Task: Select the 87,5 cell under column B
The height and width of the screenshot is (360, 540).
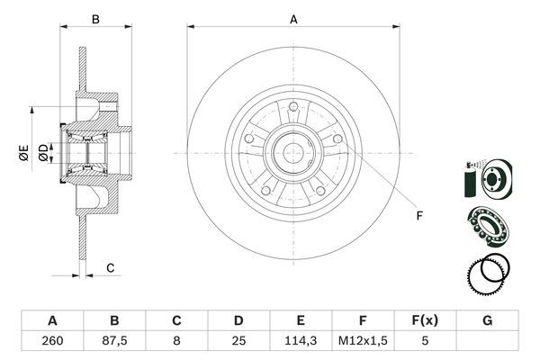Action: point(113,340)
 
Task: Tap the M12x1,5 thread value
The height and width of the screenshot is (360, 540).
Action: point(362,340)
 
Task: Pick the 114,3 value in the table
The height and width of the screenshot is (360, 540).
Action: point(300,340)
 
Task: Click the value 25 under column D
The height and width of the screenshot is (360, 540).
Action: point(238,340)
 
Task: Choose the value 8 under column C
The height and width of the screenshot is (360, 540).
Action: point(175,340)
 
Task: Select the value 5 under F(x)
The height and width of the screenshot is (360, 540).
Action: point(424,340)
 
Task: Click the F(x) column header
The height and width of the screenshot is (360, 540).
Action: point(424,319)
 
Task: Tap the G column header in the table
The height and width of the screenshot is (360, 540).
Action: point(486,319)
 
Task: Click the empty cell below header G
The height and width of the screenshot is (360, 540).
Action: point(486,340)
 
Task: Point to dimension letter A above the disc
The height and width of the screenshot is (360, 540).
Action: point(293,17)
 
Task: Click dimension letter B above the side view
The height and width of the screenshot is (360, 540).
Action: point(95,17)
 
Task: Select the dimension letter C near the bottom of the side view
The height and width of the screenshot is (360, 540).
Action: point(110,267)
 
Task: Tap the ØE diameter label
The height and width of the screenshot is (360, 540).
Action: point(24,152)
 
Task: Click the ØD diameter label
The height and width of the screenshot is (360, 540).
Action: point(43,153)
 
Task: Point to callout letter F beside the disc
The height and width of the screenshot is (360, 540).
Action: point(419,214)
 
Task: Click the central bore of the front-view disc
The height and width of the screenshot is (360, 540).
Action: point(293,153)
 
